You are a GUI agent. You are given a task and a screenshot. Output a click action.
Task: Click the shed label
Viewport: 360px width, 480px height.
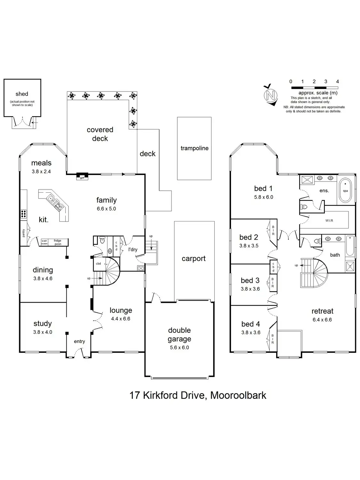(22, 94)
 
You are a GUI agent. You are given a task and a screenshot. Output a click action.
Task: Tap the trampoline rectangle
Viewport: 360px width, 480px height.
(194, 148)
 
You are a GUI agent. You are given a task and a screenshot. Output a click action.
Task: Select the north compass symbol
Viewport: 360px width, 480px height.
(271, 95)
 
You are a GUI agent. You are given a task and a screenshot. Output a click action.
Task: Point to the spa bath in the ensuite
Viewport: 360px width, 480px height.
(345, 190)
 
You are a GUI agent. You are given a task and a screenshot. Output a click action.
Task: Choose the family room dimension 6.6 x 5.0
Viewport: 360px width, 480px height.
(106, 209)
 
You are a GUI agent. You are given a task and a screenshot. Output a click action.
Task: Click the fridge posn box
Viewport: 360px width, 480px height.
(58, 242)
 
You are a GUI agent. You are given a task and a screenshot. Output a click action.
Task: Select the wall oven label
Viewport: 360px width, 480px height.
(44, 242)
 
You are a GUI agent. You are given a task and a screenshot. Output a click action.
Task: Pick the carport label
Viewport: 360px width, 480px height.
(194, 259)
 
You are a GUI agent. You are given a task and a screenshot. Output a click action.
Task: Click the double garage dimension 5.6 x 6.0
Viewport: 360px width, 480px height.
(179, 348)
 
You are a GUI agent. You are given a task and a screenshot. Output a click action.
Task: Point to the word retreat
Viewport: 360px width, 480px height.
(322, 311)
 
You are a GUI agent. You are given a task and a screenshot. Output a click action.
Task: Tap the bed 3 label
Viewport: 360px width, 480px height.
(250, 281)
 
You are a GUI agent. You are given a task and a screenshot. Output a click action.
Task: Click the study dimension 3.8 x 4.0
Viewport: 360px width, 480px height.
(43, 332)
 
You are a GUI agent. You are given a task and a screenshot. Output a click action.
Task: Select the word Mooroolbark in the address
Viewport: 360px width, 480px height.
(238, 395)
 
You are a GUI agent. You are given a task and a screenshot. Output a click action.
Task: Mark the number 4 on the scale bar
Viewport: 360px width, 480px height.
(337, 82)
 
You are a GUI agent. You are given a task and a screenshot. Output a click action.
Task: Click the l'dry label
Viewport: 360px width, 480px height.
(133, 249)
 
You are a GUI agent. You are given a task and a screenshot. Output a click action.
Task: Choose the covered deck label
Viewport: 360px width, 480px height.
(100, 134)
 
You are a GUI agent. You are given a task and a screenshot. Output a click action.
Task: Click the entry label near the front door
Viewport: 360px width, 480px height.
(79, 341)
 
